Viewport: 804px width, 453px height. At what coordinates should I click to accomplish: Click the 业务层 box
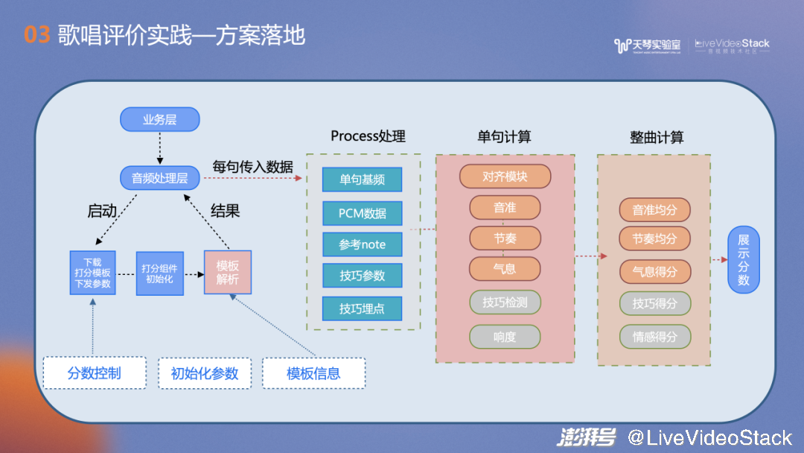pos(159,119)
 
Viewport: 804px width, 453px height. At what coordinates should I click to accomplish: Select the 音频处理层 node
pos(159,178)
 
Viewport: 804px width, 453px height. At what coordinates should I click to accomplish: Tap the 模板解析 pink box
pos(228,273)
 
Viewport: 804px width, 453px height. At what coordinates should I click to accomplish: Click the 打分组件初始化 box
pos(159,273)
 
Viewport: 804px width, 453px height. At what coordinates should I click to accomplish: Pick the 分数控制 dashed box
pos(94,373)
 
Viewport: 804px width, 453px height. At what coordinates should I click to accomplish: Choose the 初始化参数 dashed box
pos(205,373)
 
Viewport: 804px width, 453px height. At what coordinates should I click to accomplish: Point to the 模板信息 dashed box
pos(314,373)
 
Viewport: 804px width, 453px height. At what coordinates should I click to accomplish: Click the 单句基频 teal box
pos(363,180)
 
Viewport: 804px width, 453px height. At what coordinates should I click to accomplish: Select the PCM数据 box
pos(363,213)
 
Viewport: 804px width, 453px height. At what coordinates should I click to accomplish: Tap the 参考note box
pos(363,244)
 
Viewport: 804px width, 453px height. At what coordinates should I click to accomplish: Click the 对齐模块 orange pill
pos(505,177)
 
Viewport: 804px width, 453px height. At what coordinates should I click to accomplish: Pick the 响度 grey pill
pos(505,337)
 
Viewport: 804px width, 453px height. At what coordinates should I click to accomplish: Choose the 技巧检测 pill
pos(505,302)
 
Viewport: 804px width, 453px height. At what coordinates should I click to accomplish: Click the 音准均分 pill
pos(654,210)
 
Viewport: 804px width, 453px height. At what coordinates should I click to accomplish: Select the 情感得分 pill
pos(654,337)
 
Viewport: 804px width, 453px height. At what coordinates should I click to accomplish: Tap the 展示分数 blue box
pos(743,259)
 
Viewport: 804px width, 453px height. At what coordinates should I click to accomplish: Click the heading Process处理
pos(368,136)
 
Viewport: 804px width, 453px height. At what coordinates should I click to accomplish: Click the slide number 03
pos(36,35)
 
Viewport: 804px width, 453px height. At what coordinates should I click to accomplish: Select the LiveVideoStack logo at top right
pos(732,45)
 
